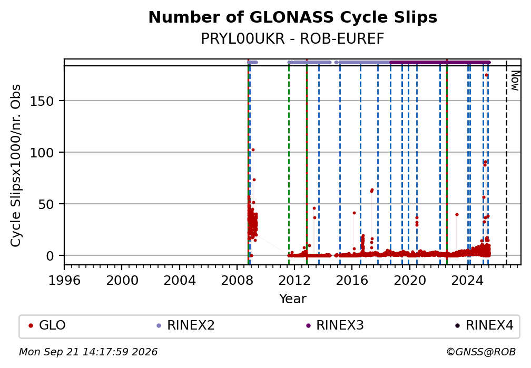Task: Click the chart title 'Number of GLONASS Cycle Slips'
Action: [x=292, y=17]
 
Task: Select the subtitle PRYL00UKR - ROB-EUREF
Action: [x=292, y=39]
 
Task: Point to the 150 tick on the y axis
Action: [x=42, y=101]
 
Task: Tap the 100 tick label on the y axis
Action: [x=42, y=153]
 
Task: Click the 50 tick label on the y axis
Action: [x=46, y=204]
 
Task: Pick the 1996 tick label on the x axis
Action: [x=64, y=280]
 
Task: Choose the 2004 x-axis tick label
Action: [x=180, y=280]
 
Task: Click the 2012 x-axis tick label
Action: [x=294, y=280]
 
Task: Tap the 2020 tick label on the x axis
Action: [x=409, y=280]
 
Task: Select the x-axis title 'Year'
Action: [x=292, y=299]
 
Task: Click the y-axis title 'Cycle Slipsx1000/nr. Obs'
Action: [x=16, y=165]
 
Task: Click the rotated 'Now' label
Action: [x=515, y=81]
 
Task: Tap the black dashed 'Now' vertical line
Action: [x=506, y=162]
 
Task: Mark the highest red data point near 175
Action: [x=486, y=75]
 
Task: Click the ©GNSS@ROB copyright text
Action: [x=481, y=352]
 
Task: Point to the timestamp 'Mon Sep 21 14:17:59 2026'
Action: [x=88, y=352]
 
